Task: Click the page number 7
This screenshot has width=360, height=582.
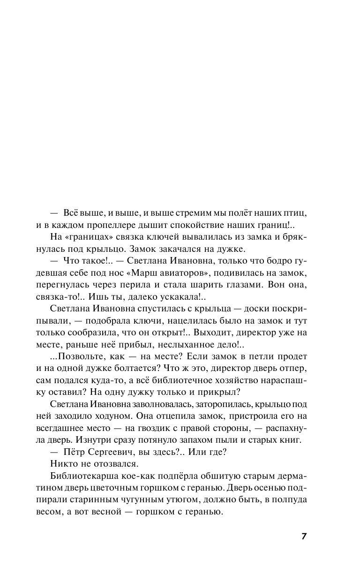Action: pos(304,537)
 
